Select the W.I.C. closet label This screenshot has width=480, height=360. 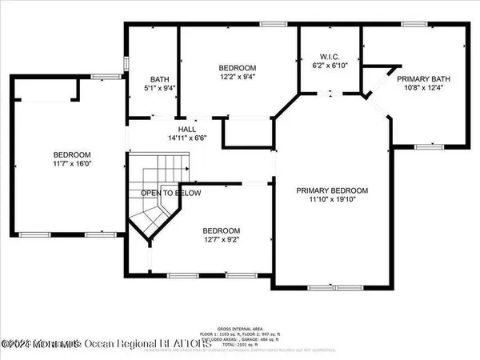coord(330,56)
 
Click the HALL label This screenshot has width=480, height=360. coord(187,129)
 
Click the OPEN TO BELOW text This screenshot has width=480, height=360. coord(171,194)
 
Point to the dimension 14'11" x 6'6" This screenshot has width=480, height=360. coord(187,138)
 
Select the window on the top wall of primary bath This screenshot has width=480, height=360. coord(414,25)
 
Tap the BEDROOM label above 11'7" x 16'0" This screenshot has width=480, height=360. coord(72,155)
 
